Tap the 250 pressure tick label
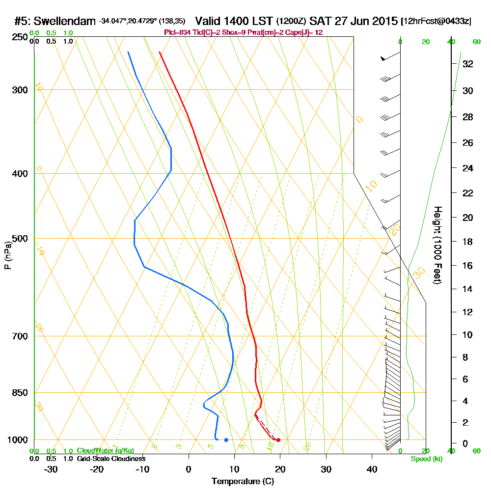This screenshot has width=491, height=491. point(17,37)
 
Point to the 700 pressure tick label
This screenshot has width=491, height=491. point(17,336)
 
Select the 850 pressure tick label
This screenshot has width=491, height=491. point(17,393)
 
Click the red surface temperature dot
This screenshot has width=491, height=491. point(278,440)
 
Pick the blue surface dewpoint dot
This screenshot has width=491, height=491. point(226,440)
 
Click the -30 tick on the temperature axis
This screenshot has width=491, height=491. point(51,469)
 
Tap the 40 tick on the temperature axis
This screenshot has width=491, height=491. point(372,469)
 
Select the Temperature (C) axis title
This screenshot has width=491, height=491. point(243,482)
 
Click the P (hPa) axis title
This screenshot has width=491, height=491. point(8,255)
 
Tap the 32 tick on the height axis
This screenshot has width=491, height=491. point(468,64)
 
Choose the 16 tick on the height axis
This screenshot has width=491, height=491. point(468,266)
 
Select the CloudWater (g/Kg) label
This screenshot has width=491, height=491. point(105,450)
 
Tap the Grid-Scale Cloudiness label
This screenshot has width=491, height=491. point(111,459)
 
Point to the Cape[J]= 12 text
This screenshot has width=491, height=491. point(307,32)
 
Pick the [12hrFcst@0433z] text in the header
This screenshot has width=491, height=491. point(436,22)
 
